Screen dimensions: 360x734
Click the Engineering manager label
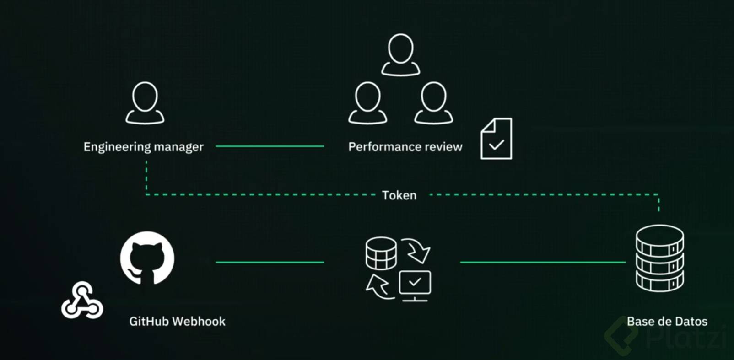pyautogui.click(x=143, y=147)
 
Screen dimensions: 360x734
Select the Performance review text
pyautogui.click(x=405, y=147)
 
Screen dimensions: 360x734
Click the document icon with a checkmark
pyautogui.click(x=496, y=139)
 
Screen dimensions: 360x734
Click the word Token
pyautogui.click(x=399, y=195)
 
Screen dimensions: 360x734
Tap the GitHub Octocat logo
pyautogui.click(x=147, y=258)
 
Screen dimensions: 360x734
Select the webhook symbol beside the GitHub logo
pyautogui.click(x=82, y=301)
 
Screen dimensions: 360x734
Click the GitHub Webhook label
pyautogui.click(x=177, y=322)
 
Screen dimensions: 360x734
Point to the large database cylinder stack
pyautogui.click(x=659, y=258)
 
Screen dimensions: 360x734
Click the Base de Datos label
pyautogui.click(x=667, y=322)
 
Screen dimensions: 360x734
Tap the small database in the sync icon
pyautogui.click(x=381, y=253)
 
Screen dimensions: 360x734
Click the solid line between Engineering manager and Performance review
pyautogui.click(x=270, y=146)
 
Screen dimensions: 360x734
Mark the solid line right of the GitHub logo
pyautogui.click(x=270, y=262)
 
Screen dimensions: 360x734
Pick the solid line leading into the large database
pyautogui.click(x=542, y=262)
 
